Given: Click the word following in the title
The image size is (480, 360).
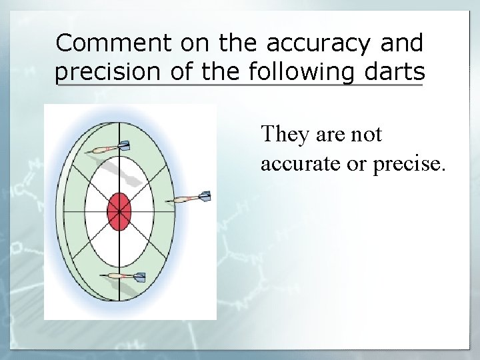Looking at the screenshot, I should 303,71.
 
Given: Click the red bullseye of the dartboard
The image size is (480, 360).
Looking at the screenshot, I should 119,211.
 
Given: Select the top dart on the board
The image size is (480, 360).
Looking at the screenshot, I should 107,148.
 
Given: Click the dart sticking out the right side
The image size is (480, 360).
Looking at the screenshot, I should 190,198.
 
